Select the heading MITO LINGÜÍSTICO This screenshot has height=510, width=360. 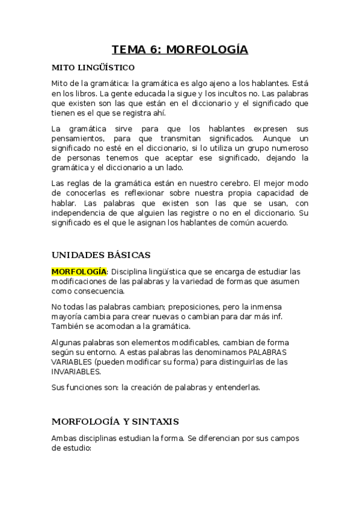[x=93, y=67]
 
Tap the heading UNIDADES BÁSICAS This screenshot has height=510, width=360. [x=101, y=254]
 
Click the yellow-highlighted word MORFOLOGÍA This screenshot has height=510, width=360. [x=79, y=272]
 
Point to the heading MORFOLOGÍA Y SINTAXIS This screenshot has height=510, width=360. [x=115, y=421]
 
